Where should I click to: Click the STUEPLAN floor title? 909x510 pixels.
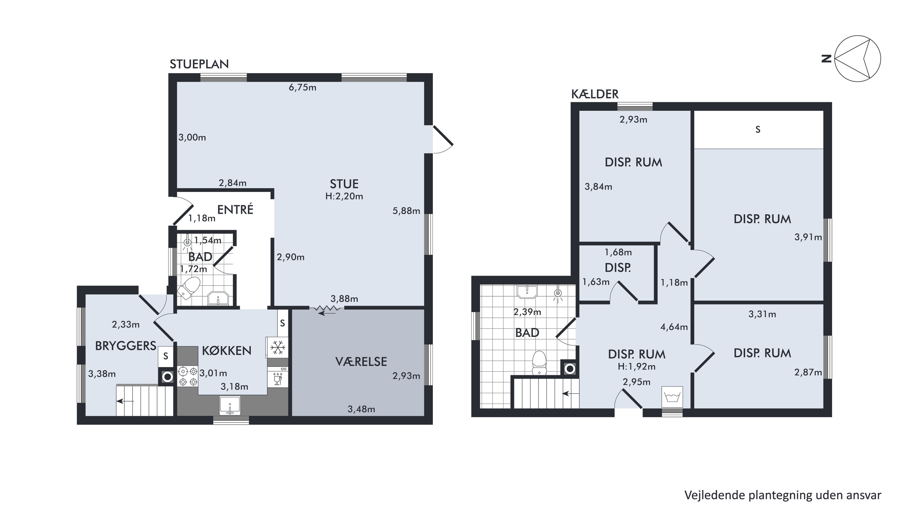(199, 64)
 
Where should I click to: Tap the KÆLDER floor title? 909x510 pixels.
(595, 94)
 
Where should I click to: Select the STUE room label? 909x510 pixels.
(344, 184)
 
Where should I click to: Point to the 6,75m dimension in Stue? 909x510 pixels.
(302, 87)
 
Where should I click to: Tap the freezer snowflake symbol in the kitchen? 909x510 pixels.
(278, 348)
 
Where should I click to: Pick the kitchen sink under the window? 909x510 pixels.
(230, 405)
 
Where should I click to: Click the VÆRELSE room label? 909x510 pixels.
(361, 362)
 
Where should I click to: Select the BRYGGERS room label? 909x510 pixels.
(125, 346)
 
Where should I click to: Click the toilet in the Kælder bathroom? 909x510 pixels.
(539, 363)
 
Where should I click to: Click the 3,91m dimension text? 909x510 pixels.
(808, 237)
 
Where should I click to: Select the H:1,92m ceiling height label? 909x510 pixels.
(637, 366)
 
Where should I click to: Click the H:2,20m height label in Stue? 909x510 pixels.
(344, 196)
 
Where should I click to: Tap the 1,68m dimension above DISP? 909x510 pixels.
(618, 252)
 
